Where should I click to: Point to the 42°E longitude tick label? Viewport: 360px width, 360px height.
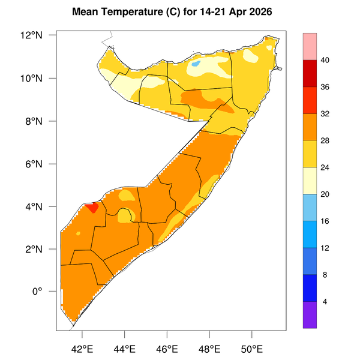[82, 349]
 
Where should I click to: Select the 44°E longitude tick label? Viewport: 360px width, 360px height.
[125, 349]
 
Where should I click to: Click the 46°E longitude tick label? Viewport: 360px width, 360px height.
[167, 349]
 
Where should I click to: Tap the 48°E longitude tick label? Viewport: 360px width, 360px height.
[209, 349]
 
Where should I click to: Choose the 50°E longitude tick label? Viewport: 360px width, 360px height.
[252, 349]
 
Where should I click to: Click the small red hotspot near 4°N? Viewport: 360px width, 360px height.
[92, 207]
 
